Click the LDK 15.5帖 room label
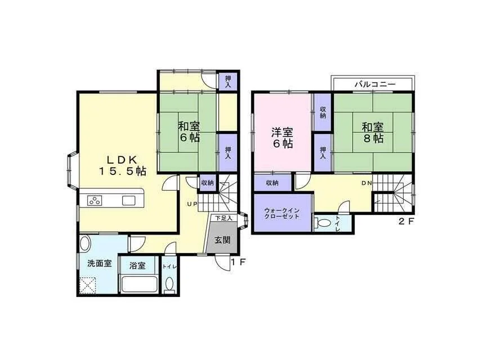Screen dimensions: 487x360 click(x=122, y=165)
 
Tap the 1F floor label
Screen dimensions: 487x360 click(x=238, y=262)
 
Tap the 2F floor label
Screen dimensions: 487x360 click(x=407, y=222)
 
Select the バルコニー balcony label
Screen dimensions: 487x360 click(x=375, y=84)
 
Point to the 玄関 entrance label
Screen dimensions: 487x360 click(x=223, y=240)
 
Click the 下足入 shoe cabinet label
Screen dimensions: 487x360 click(x=224, y=218)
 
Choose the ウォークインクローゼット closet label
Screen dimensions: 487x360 click(x=282, y=214)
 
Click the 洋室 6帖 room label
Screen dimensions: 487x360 click(x=282, y=138)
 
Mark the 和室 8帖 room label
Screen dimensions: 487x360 click(x=373, y=133)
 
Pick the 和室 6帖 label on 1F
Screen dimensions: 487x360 click(x=189, y=132)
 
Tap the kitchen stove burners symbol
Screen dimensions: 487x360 click(x=95, y=200)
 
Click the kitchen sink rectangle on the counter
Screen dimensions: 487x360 click(x=128, y=201)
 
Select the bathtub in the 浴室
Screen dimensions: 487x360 click(x=140, y=283)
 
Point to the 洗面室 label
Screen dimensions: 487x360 click(x=100, y=264)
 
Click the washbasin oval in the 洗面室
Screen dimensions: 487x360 click(x=85, y=243)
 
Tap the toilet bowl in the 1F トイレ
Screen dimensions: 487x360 click(x=169, y=285)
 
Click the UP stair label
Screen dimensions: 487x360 click(x=192, y=204)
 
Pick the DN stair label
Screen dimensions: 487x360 click(x=367, y=183)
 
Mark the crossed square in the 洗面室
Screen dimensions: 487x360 click(x=88, y=285)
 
